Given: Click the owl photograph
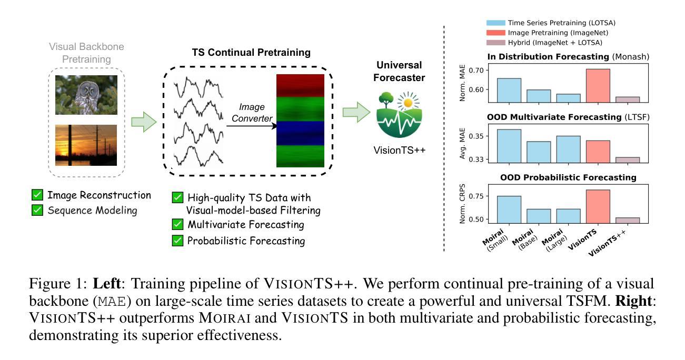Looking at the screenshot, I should click(x=86, y=95).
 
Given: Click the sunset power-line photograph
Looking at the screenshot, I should click(x=86, y=145).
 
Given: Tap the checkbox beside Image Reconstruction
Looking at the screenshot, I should click(x=37, y=195).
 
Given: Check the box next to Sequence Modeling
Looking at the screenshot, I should click(x=37, y=211).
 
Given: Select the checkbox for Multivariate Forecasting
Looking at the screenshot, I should click(x=178, y=225).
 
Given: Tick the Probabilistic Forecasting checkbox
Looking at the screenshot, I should click(x=178, y=241).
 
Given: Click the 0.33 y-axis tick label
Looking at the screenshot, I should click(x=474, y=159).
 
